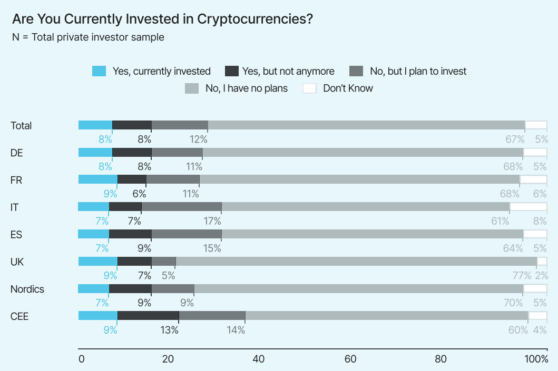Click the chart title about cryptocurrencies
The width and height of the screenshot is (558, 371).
(x=162, y=19)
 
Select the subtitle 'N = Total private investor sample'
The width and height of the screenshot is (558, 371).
(x=88, y=37)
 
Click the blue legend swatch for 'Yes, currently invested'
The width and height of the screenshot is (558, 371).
(x=99, y=71)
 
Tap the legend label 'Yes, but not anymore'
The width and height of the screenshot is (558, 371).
(x=288, y=71)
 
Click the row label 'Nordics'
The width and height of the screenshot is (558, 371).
(x=27, y=289)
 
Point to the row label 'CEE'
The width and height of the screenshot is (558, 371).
(x=19, y=316)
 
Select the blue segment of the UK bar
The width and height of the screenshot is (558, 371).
(x=97, y=262)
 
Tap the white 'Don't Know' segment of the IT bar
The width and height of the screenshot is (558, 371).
(x=528, y=207)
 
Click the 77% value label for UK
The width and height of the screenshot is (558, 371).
(x=522, y=275)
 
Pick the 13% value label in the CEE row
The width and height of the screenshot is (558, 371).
(x=170, y=330)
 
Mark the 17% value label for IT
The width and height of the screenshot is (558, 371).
(x=212, y=221)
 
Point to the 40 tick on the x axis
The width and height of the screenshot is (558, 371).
(x=259, y=359)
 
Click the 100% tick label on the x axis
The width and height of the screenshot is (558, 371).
(x=536, y=359)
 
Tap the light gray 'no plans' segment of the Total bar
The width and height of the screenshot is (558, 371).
(x=366, y=125)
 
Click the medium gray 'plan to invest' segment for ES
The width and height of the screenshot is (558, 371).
(x=187, y=234)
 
